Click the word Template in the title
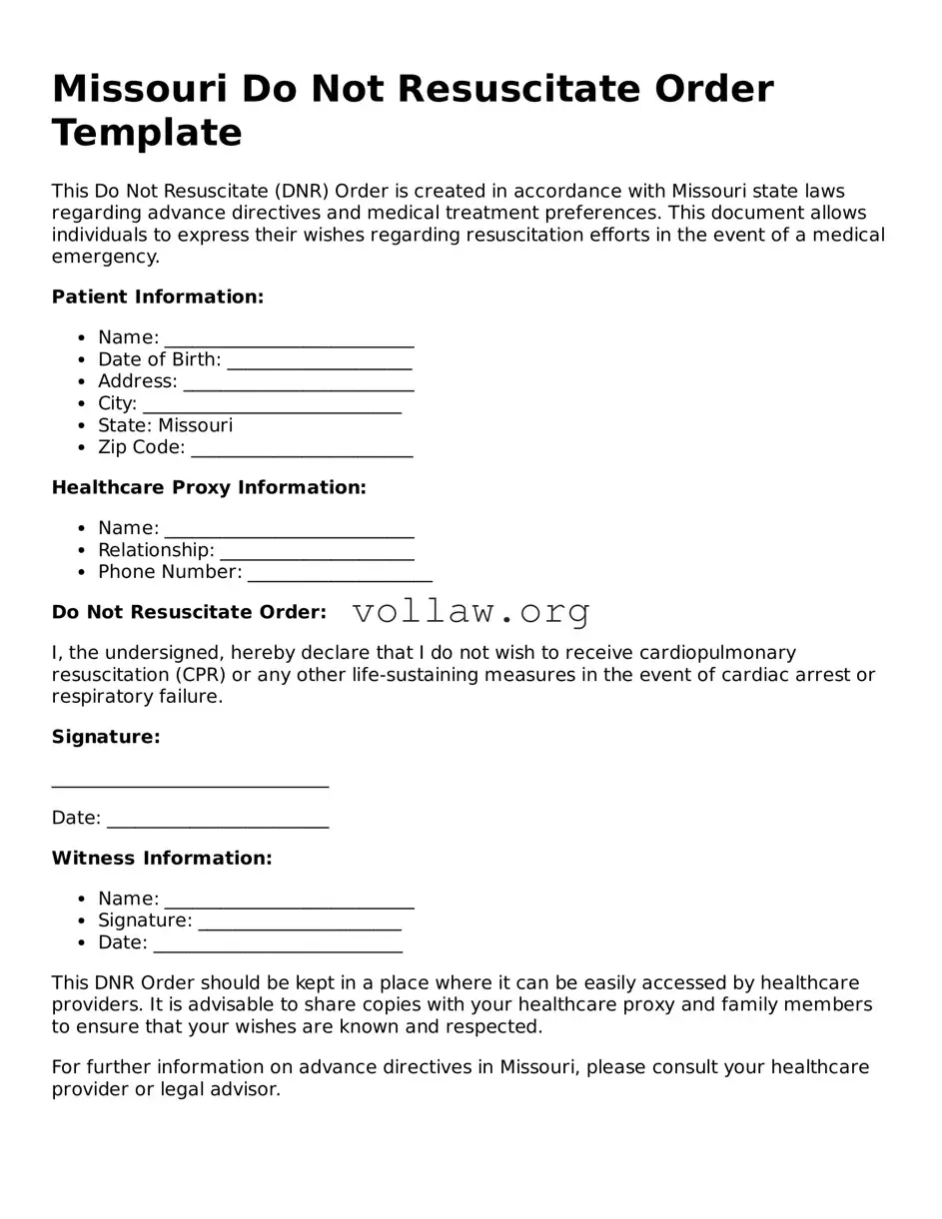click(147, 133)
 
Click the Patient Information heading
click(158, 297)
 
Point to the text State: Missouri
click(165, 425)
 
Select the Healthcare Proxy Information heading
click(209, 487)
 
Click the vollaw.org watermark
click(471, 611)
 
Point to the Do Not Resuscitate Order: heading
click(189, 612)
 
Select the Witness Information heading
click(162, 858)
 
